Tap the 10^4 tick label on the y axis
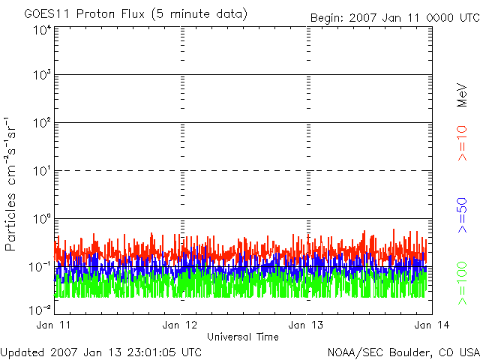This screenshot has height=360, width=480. (42, 29)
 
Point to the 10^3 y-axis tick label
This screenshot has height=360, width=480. (42, 76)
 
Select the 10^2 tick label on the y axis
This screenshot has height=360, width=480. (42, 124)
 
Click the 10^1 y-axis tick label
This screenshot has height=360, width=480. (42, 171)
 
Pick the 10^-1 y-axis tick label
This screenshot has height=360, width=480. (40, 265)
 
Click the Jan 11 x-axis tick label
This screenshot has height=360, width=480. (53, 325)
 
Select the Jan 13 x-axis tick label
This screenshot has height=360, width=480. (307, 325)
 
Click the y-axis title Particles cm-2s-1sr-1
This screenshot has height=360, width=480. (13, 184)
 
